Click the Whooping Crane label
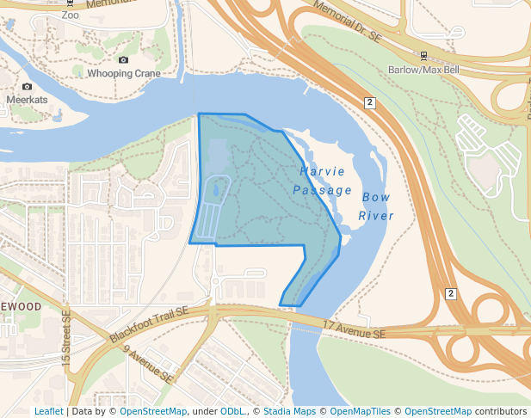pos(124,74)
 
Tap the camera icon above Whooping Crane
pos(123,59)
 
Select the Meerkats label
pos(27,100)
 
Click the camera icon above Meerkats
pos(27,86)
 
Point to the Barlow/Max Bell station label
pos(422,70)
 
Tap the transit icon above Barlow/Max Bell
pos(423,56)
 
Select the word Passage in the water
pos(322,190)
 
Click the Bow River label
pos(376,206)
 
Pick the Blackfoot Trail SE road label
pos(148,324)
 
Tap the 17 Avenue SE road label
pos(355,328)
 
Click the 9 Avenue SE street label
pos(148,364)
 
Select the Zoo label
pos(70,15)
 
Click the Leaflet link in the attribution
pos(48,411)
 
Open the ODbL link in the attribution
pos(232,411)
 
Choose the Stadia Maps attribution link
pos(289,411)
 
